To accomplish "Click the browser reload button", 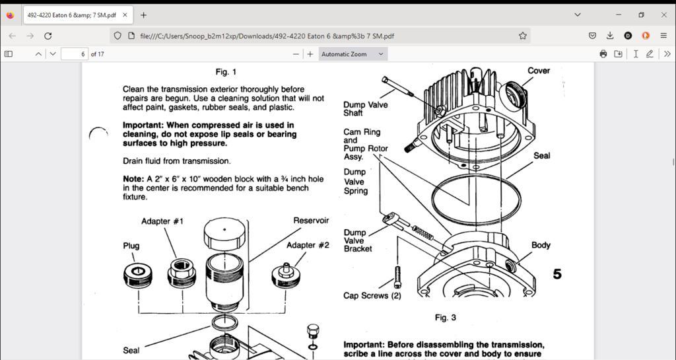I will pyautogui.click(x=48, y=36).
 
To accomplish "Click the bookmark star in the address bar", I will pyautogui.click(x=523, y=36).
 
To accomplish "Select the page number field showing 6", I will pyautogui.click(x=75, y=54).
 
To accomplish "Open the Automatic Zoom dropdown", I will pyautogui.click(x=353, y=54).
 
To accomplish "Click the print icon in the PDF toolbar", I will pyautogui.click(x=603, y=54).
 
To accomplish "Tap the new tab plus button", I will pyautogui.click(x=144, y=15).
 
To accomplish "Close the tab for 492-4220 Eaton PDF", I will pyautogui.click(x=125, y=15).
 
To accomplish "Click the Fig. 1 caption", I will pyautogui.click(x=226, y=72).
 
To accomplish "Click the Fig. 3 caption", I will pyautogui.click(x=445, y=318).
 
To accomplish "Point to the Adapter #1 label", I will pyautogui.click(x=162, y=221).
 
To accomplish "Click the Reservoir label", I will pyautogui.click(x=311, y=221).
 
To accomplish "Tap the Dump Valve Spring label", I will pyautogui.click(x=356, y=182).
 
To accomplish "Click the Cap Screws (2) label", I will pyautogui.click(x=372, y=296).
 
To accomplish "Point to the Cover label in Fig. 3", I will pyautogui.click(x=539, y=71).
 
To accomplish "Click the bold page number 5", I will pyautogui.click(x=557, y=274).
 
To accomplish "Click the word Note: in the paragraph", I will pyautogui.click(x=133, y=179).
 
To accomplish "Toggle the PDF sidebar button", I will pyautogui.click(x=9, y=54).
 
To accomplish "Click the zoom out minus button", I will pyautogui.click(x=296, y=54).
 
